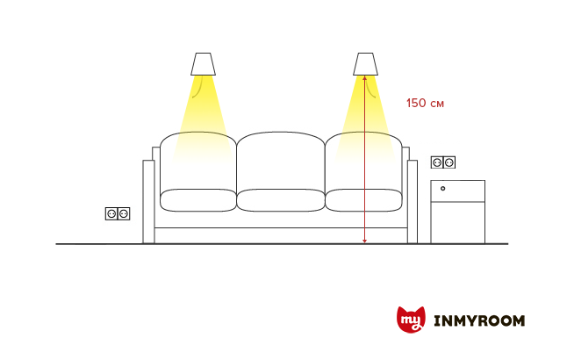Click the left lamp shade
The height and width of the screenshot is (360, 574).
click(x=203, y=64)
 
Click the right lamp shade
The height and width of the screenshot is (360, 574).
click(x=365, y=64)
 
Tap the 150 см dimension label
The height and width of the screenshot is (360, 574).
click(x=425, y=103)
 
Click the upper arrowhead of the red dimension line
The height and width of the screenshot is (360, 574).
click(x=364, y=77)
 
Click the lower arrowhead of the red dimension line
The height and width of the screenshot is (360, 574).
click(x=364, y=241)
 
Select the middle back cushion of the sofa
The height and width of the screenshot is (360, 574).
click(x=281, y=161)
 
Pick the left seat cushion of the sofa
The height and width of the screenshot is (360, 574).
click(x=198, y=200)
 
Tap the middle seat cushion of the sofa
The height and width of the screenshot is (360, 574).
click(x=281, y=200)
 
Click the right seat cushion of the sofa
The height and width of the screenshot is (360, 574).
click(x=363, y=200)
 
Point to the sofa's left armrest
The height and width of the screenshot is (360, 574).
click(x=148, y=201)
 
